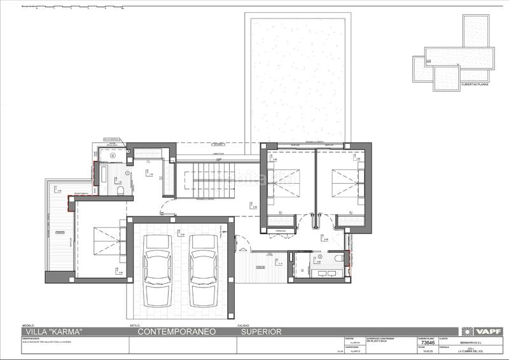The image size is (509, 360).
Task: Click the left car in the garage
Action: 157,270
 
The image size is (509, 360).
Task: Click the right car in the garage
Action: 203,270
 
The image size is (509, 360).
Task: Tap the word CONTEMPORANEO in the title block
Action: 177,331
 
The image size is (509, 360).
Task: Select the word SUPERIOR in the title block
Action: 261,331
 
